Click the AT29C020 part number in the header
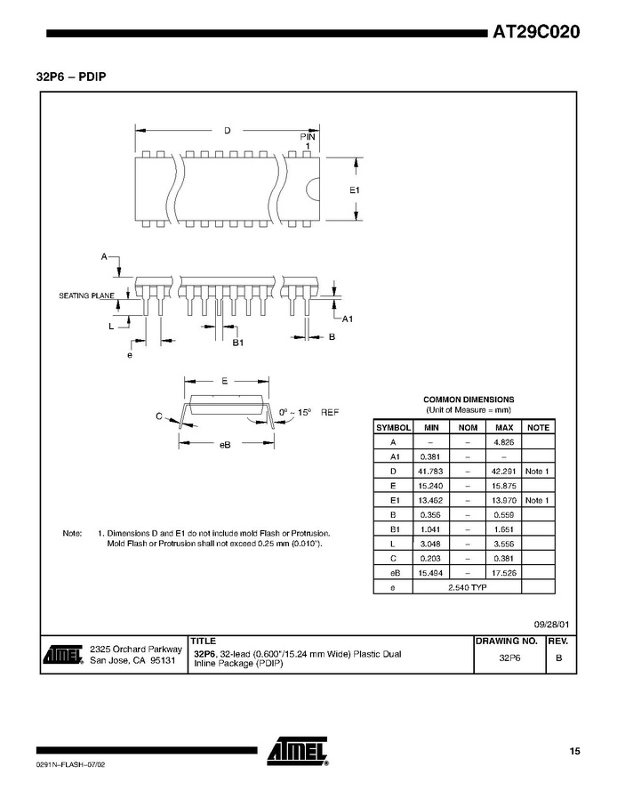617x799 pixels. [x=536, y=33]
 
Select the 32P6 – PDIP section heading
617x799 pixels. [x=71, y=77]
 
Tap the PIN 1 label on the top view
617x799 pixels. [x=308, y=141]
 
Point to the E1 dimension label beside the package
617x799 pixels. [x=355, y=190]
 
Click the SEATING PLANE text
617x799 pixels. [x=86, y=295]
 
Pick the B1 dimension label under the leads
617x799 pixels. [x=238, y=343]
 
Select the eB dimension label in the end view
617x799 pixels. [x=225, y=445]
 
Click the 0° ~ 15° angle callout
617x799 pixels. [x=295, y=412]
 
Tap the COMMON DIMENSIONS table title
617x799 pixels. [x=469, y=399]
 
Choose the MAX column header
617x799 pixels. [x=504, y=427]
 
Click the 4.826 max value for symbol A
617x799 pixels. [x=504, y=442]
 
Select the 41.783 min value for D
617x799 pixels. [x=430, y=472]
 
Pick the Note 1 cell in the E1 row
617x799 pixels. [x=537, y=500]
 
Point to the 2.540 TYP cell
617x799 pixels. [x=468, y=587]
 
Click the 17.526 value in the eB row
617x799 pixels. [x=504, y=573]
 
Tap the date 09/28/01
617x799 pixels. [x=551, y=625]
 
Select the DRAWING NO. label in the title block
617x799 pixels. [x=507, y=641]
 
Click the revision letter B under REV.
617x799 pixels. [x=559, y=658]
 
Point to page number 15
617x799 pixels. [x=574, y=751]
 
